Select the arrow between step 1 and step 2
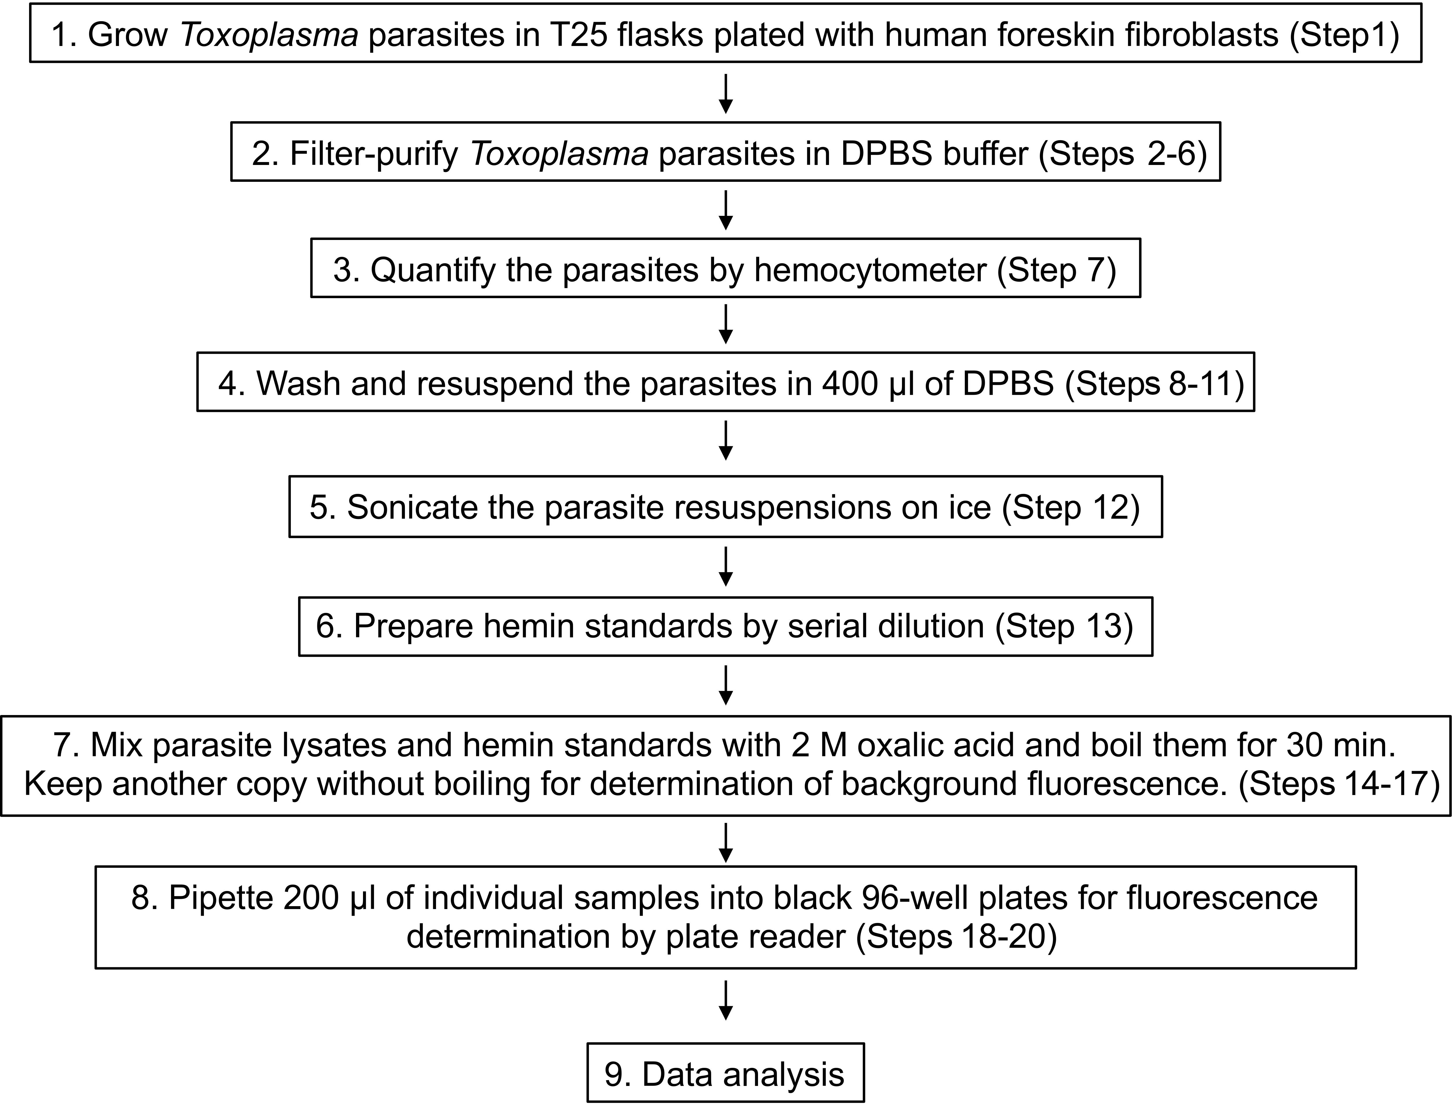726,94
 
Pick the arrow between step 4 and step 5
726,440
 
